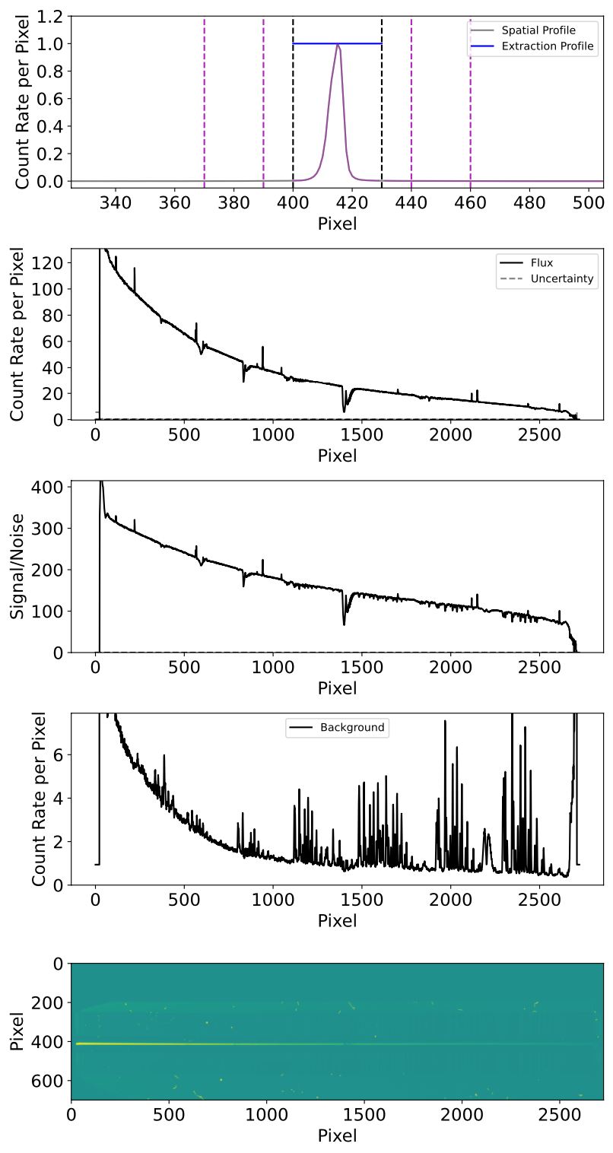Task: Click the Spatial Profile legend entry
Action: [x=538, y=30]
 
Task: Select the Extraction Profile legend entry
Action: [x=547, y=47]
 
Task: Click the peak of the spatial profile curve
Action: [x=338, y=44]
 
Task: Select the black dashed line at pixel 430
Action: [x=382, y=114]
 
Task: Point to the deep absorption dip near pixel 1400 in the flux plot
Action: [x=344, y=411]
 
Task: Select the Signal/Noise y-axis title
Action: [x=17, y=567]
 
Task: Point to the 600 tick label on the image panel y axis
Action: [x=50, y=1081]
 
